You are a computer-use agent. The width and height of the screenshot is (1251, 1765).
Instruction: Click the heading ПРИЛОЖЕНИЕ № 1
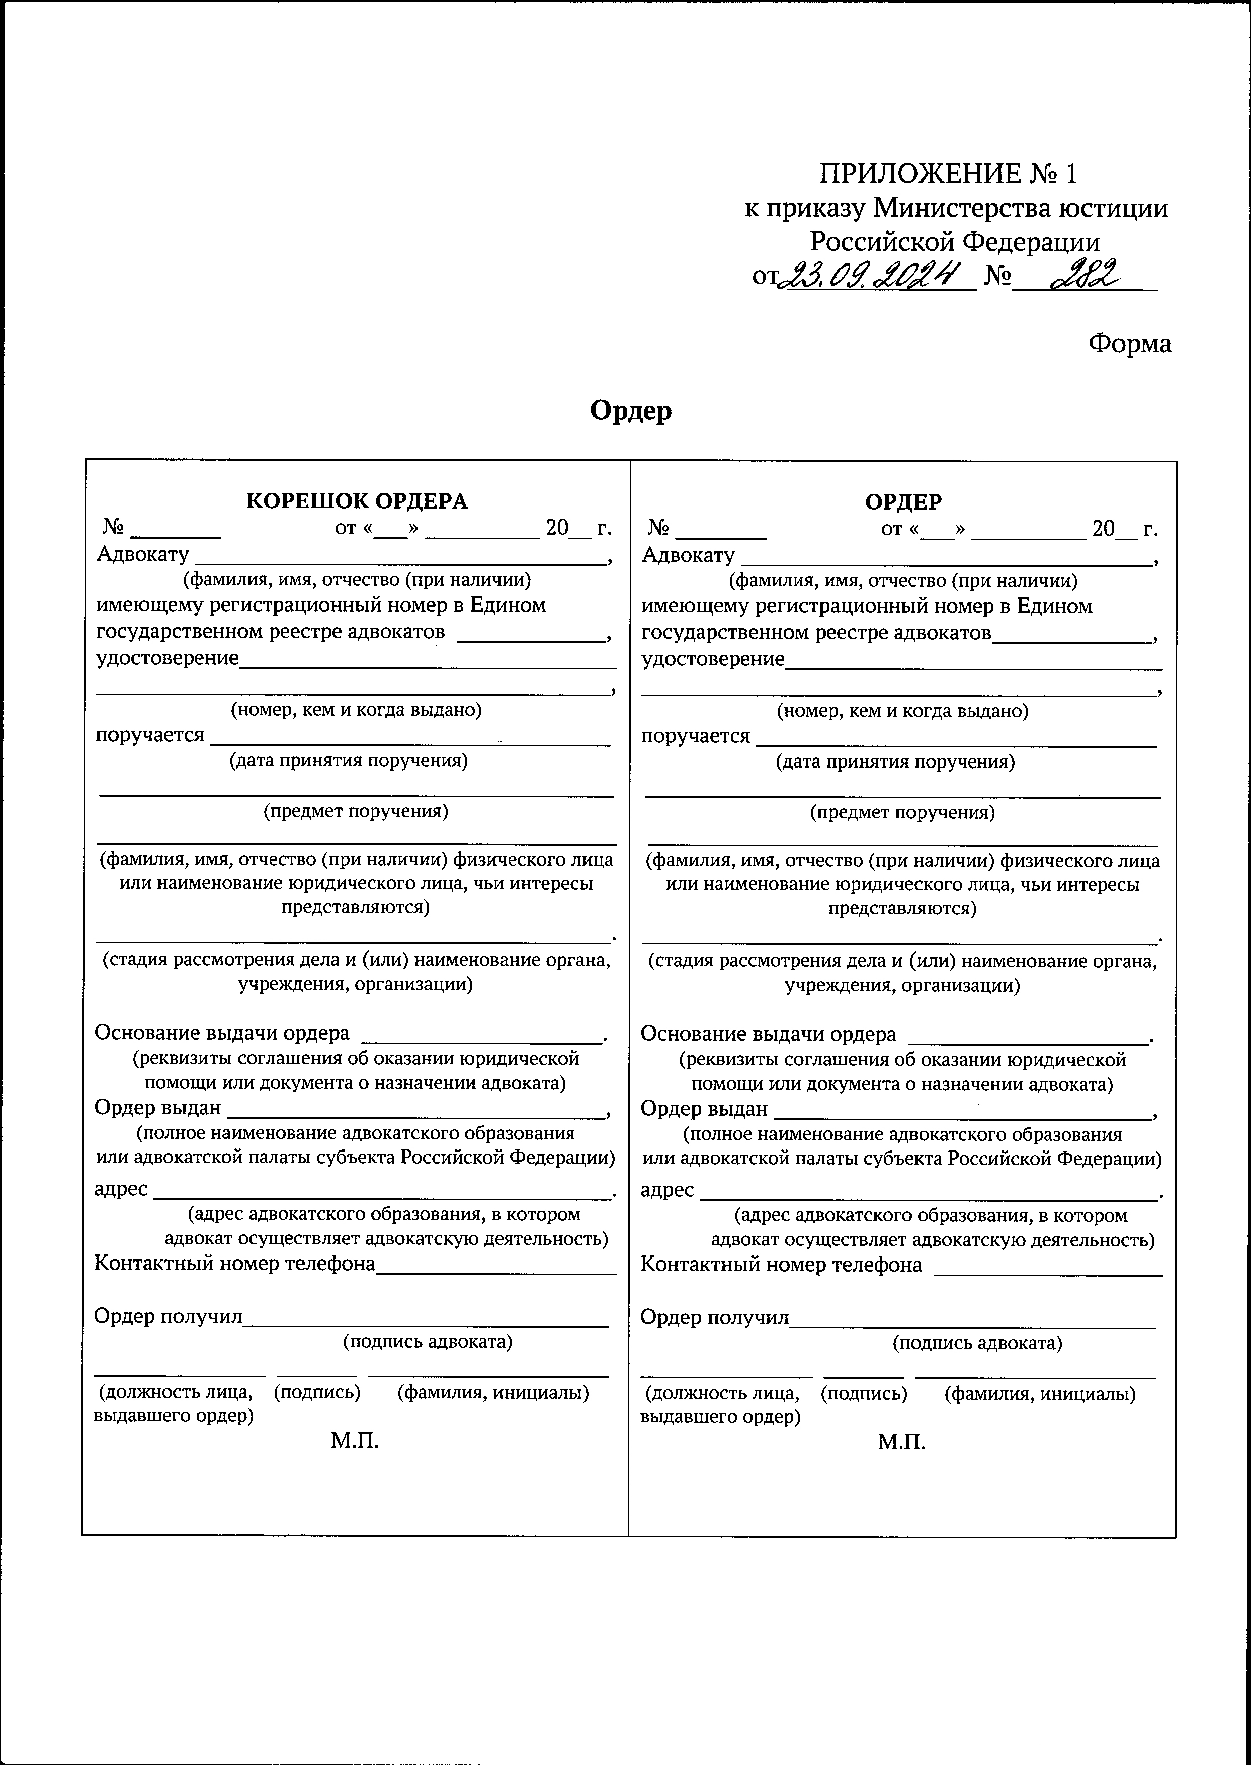[948, 174]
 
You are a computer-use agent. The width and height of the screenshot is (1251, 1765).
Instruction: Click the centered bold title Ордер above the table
[630, 410]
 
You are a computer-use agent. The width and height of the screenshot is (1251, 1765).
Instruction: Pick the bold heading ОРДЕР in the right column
[903, 502]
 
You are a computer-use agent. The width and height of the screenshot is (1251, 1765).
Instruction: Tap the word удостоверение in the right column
[713, 659]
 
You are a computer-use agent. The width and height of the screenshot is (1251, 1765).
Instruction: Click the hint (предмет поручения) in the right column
[902, 812]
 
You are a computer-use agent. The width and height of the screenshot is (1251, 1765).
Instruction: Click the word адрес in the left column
[121, 1188]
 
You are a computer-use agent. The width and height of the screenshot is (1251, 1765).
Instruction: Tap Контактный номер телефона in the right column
[781, 1265]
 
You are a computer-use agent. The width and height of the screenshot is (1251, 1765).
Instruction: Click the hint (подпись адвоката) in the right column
[977, 1343]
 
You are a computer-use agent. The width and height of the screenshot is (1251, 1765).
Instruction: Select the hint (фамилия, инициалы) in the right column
[1040, 1394]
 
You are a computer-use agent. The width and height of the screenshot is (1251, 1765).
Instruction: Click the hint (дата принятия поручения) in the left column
[349, 761]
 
